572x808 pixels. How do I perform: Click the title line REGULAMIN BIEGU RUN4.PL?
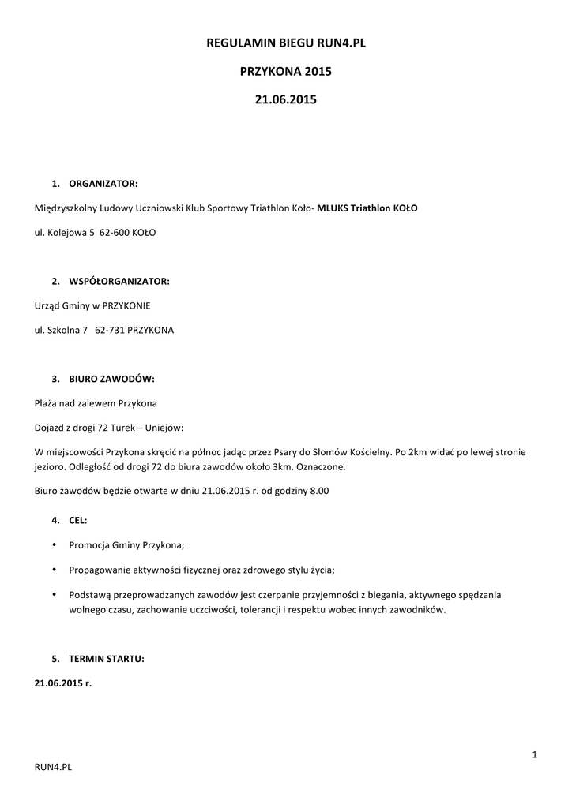[286, 44]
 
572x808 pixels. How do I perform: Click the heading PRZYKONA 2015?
[286, 72]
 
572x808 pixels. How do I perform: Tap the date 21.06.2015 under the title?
[286, 100]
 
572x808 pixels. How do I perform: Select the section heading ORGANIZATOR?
[103, 184]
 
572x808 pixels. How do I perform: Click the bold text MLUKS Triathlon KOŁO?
[367, 209]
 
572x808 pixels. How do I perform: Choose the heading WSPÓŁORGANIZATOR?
[119, 281]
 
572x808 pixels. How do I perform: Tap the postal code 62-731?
[109, 331]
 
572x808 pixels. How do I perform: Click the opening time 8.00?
[318, 491]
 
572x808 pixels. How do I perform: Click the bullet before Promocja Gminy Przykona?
[53, 544]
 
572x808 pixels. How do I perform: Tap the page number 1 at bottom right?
[535, 756]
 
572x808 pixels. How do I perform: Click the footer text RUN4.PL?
[54, 766]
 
